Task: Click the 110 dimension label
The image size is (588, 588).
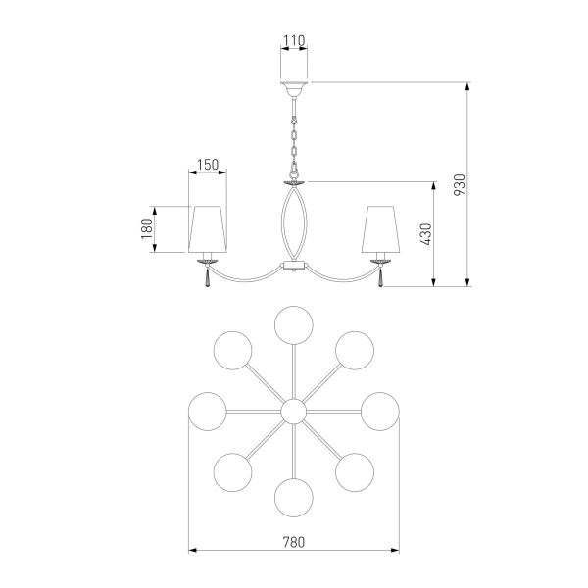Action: [294, 40]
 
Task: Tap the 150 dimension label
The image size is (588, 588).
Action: [208, 165]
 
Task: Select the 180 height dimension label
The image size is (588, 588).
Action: [147, 228]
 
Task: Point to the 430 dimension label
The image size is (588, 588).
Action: [426, 234]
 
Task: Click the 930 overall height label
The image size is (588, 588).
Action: [460, 184]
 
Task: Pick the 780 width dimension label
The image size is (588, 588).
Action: [294, 542]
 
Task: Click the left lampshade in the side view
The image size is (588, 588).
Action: [208, 229]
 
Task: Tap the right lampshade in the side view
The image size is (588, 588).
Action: [380, 229]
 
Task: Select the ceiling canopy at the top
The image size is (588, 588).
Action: [294, 88]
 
